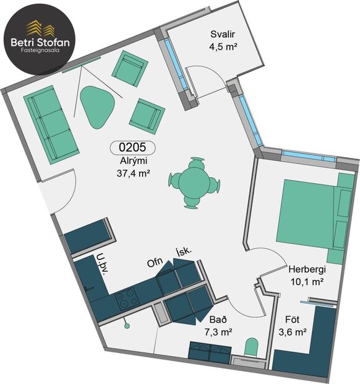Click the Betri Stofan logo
[x=40, y=37]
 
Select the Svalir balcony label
[x=221, y=35]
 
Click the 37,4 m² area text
[x=134, y=173]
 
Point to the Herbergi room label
[x=307, y=269]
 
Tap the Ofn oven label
[x=155, y=262]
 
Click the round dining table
[x=194, y=182]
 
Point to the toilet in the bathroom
[x=252, y=346]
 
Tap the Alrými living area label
[x=133, y=161]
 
